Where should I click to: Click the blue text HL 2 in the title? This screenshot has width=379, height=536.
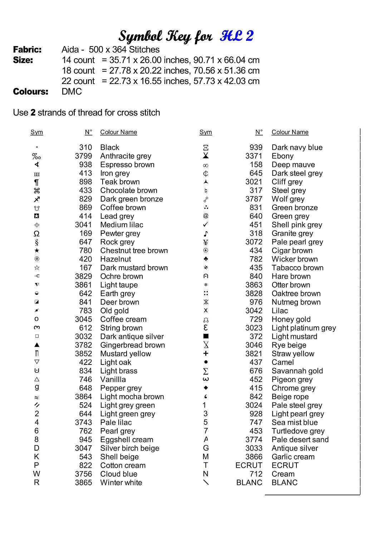[237, 36]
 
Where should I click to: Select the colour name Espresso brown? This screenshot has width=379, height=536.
[127, 165]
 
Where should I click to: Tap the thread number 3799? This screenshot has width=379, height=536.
[83, 156]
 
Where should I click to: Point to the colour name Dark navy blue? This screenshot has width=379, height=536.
[297, 148]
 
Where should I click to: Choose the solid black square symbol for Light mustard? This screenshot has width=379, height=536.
[206, 336]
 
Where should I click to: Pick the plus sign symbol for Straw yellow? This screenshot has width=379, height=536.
[206, 353]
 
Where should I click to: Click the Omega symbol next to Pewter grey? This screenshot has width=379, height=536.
[36, 234]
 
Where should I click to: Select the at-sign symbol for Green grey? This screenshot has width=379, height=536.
[206, 216]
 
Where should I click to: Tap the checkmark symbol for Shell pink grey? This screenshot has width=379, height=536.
[206, 225]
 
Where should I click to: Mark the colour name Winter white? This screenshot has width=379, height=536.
[121, 483]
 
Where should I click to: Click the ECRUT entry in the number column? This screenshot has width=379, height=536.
[249, 465]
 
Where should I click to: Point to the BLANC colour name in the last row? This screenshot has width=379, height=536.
[285, 483]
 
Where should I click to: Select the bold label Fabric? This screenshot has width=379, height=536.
[27, 50]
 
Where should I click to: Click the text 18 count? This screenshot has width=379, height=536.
[78, 71]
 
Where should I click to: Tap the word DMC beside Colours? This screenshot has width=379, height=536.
[72, 92]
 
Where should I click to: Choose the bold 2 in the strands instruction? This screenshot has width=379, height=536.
[33, 113]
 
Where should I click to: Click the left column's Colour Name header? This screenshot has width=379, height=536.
[118, 132]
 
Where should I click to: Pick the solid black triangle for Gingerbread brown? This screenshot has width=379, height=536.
[37, 345]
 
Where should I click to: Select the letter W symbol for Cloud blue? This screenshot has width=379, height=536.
[36, 474]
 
